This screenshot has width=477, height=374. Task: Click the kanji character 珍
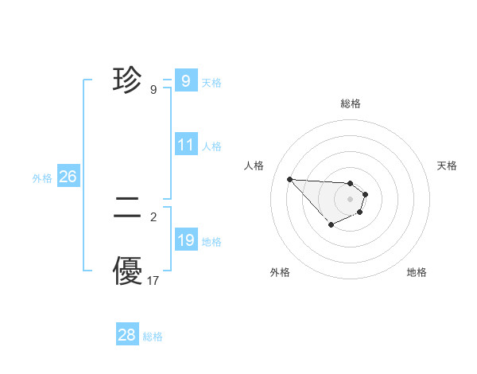(128, 80)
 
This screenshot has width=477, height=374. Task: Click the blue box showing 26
(68, 177)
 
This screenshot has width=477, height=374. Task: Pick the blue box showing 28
(127, 335)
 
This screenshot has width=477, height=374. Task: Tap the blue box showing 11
(186, 145)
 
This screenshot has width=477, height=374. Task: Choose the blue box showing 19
(186, 240)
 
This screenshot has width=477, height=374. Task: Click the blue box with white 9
(185, 80)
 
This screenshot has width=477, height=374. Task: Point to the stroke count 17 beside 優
(153, 281)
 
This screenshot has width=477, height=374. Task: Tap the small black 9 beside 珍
(153, 90)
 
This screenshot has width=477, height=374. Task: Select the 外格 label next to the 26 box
(42, 178)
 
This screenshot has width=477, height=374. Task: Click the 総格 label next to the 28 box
(153, 337)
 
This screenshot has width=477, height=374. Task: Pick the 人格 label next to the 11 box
(211, 146)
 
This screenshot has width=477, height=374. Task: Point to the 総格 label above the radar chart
(351, 103)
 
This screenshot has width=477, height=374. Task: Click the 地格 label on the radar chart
(417, 272)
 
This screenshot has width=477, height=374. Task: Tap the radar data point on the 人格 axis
(289, 179)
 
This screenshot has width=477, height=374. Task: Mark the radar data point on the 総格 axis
(351, 183)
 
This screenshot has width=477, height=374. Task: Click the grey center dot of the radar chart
(351, 199)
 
